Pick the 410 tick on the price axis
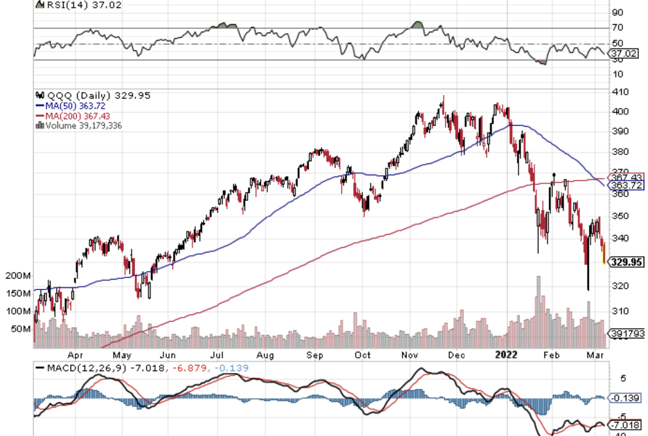click(x=620, y=92)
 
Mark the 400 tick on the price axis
click(x=620, y=111)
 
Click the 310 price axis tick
click(x=620, y=311)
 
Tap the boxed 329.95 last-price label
click(x=627, y=263)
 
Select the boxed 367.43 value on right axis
click(x=626, y=177)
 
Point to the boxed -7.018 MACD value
click(x=626, y=424)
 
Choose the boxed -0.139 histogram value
click(x=626, y=398)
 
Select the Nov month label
click(x=410, y=355)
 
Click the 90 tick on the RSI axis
click(x=618, y=12)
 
